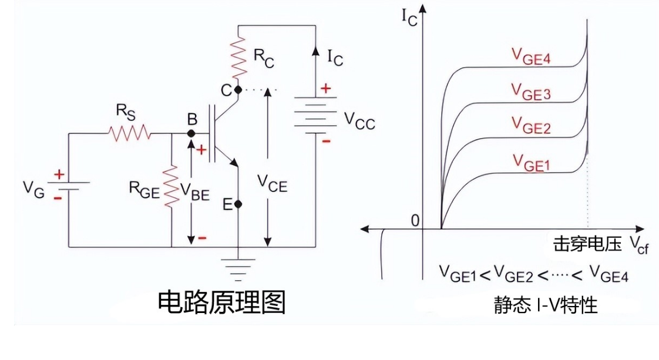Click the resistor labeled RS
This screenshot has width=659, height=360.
click(x=129, y=134)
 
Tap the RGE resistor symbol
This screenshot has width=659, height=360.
click(x=172, y=187)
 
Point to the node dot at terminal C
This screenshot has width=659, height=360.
click(x=238, y=90)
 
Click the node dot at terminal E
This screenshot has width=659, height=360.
click(x=238, y=204)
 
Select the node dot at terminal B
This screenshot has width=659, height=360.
click(x=191, y=134)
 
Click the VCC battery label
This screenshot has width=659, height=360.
click(x=359, y=122)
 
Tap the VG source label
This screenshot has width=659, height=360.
click(x=33, y=189)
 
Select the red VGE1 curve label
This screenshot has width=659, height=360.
click(x=530, y=162)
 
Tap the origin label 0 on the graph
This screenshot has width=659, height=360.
click(x=416, y=221)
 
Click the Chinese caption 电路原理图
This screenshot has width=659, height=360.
click(x=221, y=302)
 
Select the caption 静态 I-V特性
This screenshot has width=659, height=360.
click(x=546, y=305)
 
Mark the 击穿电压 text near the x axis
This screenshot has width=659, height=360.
click(x=587, y=243)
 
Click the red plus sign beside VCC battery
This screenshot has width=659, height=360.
click(x=325, y=89)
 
